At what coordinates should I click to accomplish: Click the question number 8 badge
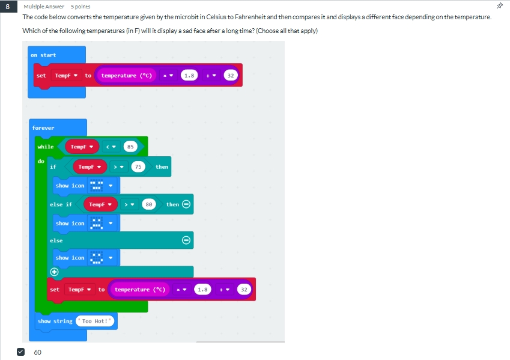pyautogui.click(x=7, y=7)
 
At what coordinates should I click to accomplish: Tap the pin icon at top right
pyautogui.click(x=499, y=6)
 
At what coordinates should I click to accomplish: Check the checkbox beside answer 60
pyautogui.click(x=20, y=352)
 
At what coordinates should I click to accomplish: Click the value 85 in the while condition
pyautogui.click(x=130, y=147)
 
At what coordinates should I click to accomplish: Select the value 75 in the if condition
pyautogui.click(x=138, y=167)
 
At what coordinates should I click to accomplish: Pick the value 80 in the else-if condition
pyautogui.click(x=150, y=204)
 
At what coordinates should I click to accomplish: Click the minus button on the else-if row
pyautogui.click(x=186, y=204)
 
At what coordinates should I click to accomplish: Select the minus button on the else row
pyautogui.click(x=186, y=240)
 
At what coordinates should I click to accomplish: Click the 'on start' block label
pyautogui.click(x=43, y=55)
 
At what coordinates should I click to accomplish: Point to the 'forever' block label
pyautogui.click(x=43, y=128)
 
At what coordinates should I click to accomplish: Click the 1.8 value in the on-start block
pyautogui.click(x=189, y=76)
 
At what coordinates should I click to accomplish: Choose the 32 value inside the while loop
pyautogui.click(x=244, y=290)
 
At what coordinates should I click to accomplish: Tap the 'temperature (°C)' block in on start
pyautogui.click(x=126, y=76)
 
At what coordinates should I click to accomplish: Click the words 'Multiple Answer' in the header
pyautogui.click(x=44, y=7)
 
